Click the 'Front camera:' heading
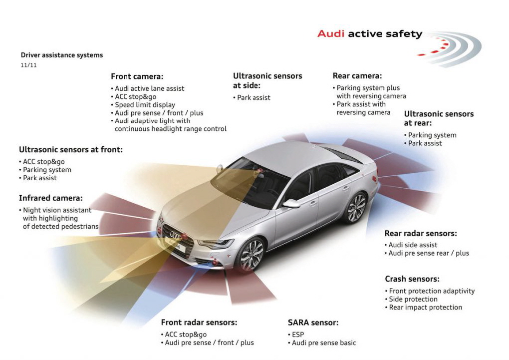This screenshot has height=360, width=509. [x=137, y=77]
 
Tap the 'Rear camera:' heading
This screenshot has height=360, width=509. [x=357, y=76]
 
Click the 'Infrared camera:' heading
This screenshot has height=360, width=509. [x=50, y=198]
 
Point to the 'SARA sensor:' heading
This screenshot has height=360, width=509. [x=313, y=323]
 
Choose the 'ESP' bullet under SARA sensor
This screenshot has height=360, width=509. [x=296, y=335]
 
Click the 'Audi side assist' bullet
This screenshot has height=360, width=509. [x=411, y=245]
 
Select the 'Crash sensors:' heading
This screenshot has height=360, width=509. [x=412, y=279]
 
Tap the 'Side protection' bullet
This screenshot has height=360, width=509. [x=411, y=299]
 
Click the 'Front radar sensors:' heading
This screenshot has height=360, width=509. [x=199, y=323]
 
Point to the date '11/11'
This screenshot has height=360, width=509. [x=28, y=65]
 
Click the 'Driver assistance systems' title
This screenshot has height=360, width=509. [x=62, y=55]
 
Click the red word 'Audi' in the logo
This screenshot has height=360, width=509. [x=331, y=34]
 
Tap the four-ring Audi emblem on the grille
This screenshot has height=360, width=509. [x=176, y=236]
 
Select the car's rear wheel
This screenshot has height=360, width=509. [x=356, y=207]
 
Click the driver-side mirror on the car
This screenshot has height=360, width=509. [x=291, y=203]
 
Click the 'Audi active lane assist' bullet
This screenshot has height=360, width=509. [x=147, y=88]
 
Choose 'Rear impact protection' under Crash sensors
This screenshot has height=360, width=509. [x=423, y=308]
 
